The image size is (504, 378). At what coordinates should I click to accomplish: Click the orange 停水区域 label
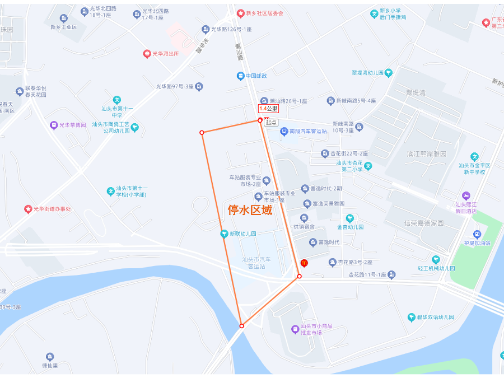pyautogui.click(x=250, y=210)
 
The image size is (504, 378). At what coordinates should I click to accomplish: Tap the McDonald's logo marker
pyautogui.click(x=304, y=262)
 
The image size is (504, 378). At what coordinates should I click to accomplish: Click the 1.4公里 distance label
pyautogui.click(x=268, y=108)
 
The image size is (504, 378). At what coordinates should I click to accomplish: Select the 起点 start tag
pyautogui.click(x=271, y=122)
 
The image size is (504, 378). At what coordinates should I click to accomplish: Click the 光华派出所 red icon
pyautogui.click(x=147, y=54)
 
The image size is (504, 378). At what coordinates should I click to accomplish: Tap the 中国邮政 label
pyautogui.click(x=256, y=76)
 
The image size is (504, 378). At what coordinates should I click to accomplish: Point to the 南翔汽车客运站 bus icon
pyautogui.click(x=284, y=131)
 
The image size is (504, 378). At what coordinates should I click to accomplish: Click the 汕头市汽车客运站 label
pyautogui.click(x=257, y=263)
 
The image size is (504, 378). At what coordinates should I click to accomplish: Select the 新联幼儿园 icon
pyautogui.click(x=224, y=234)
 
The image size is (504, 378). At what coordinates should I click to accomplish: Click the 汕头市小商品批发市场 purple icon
pyautogui.click(x=295, y=329)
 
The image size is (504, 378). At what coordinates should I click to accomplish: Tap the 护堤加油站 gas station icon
pyautogui.click(x=477, y=234)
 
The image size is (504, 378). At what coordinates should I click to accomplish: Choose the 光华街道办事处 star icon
pyautogui.click(x=28, y=209)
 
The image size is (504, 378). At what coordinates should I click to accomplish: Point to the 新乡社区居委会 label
pyautogui.click(x=265, y=13)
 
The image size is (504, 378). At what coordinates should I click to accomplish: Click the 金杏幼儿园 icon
pyautogui.click(x=350, y=218)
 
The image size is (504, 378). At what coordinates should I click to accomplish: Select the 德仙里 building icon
pyautogui.click(x=50, y=357)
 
